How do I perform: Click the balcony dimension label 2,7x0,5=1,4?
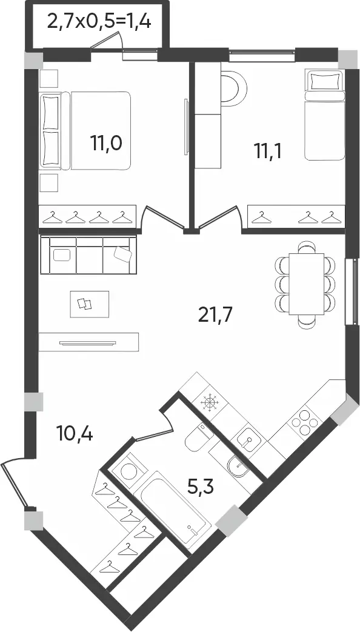coord(99,21)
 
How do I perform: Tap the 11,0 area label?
coord(107,143)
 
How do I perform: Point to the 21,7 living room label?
coord(216,314)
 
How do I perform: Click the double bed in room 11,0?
coord(85,131)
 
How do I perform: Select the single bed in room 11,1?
coord(324,115)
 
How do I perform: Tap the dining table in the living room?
coord(307,284)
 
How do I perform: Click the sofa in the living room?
coord(88,255)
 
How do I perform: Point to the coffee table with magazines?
coord(90,304)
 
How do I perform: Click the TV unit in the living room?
coord(88,342)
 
